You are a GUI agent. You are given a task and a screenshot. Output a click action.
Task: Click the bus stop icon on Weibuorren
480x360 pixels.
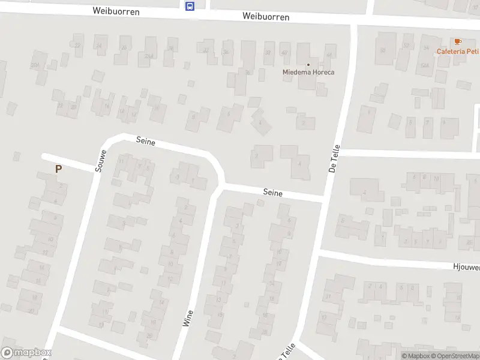tap(190, 7)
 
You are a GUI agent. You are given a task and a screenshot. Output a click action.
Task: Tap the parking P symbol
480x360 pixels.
tap(58, 169)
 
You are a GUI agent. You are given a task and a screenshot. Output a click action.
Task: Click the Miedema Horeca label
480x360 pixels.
tap(308, 73)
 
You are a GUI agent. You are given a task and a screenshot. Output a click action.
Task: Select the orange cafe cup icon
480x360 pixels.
tap(458, 41)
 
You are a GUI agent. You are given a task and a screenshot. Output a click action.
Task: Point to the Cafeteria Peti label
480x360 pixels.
tap(458, 51)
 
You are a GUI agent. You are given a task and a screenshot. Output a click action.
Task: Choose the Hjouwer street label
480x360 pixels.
tap(465, 266)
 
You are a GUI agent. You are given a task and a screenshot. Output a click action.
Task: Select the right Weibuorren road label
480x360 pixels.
tap(266, 17)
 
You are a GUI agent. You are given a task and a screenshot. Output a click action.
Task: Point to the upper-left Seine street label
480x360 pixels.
tap(146, 142)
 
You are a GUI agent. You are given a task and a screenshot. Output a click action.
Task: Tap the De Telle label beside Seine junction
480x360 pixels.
tap(335, 159)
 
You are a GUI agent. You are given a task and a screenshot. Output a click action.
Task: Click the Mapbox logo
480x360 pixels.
tap(26, 353)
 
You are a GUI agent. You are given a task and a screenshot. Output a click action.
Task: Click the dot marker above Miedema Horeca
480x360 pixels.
tap(308, 65)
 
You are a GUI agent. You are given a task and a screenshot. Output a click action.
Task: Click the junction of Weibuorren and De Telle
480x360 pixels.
tap(353, 25)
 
